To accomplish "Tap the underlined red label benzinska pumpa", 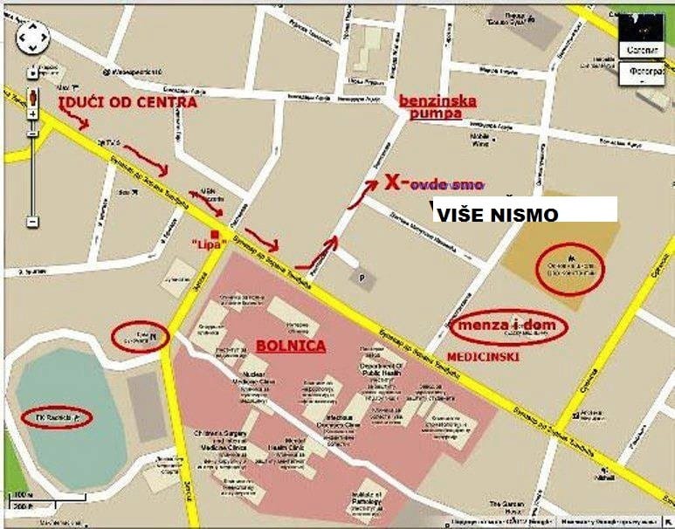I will [x=437, y=106].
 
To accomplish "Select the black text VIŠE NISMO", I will [x=496, y=213].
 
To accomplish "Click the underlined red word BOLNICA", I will [x=291, y=346].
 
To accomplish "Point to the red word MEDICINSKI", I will [x=483, y=358].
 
